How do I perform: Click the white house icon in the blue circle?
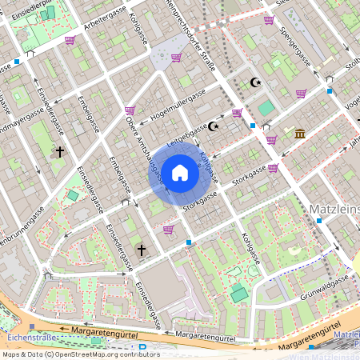click(x=180, y=173)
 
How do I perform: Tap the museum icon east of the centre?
click(x=299, y=133)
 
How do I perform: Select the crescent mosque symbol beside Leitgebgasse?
click(x=214, y=126)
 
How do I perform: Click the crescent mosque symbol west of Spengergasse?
click(x=256, y=82)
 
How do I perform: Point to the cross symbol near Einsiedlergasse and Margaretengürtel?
click(x=142, y=250)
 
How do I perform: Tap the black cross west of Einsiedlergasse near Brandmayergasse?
click(x=60, y=150)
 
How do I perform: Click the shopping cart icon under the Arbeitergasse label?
click(x=70, y=40)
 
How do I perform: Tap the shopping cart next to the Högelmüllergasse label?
click(x=130, y=110)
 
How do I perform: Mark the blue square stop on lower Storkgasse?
click(x=189, y=242)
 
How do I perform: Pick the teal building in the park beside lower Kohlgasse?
click(x=238, y=294)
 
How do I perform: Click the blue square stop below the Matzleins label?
click(x=318, y=220)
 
